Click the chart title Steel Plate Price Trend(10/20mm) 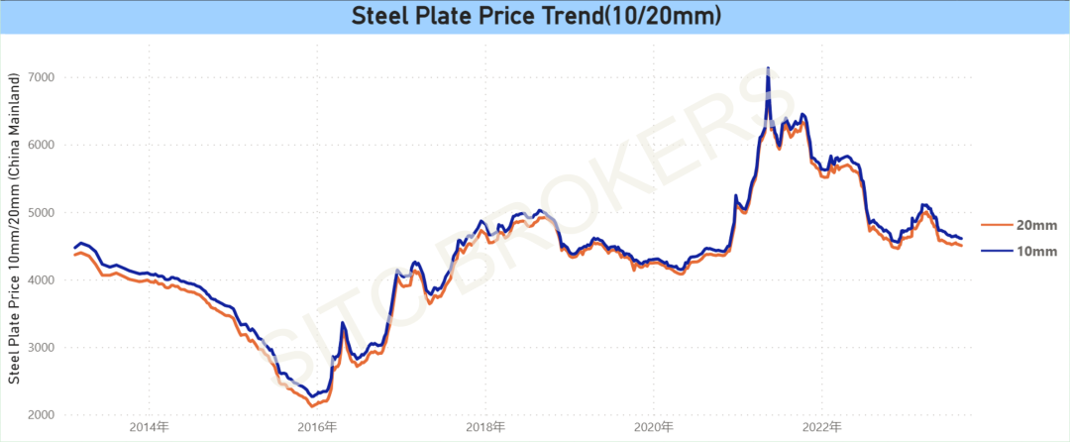[534, 17]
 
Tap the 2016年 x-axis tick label [316, 427]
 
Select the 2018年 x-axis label [484, 427]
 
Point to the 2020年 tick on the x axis [654, 427]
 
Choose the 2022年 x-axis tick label [822, 427]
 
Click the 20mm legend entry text [1036, 224]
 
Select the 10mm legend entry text [1036, 252]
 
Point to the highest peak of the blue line [768, 68]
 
